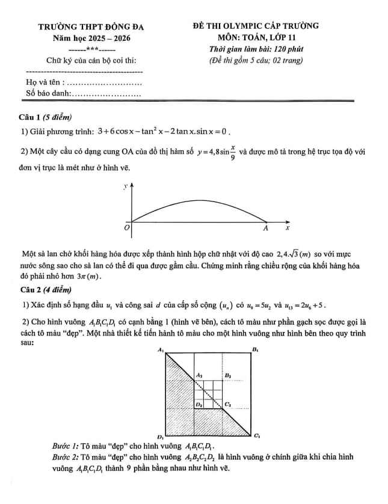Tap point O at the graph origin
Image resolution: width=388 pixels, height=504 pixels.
click(126, 229)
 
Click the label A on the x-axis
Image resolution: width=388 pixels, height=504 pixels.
click(265, 229)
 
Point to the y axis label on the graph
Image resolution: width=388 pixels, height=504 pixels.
click(126, 188)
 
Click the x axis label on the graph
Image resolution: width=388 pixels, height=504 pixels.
click(287, 229)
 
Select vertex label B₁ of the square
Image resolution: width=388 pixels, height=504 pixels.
click(255, 349)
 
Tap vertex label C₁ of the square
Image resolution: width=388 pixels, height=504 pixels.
click(256, 435)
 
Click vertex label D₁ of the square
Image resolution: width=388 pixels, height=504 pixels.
click(160, 435)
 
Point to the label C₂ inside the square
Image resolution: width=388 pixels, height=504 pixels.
click(229, 404)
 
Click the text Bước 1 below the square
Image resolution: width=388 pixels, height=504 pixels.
click(66, 447)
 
